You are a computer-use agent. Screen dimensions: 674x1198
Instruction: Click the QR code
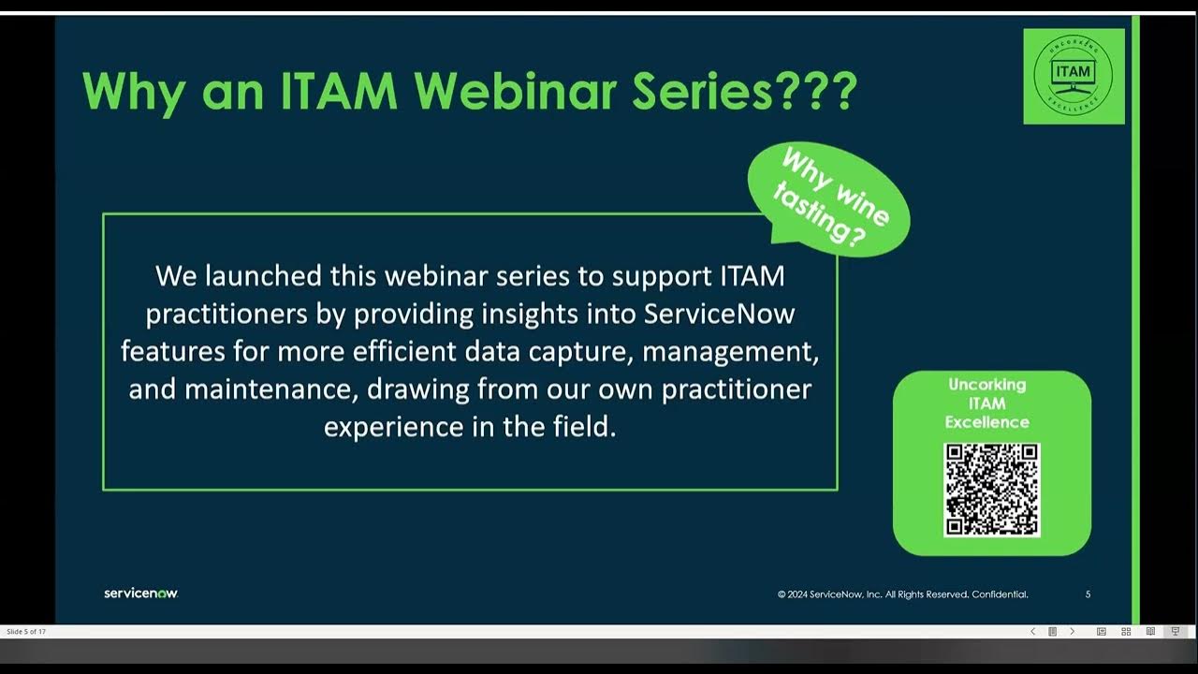(991, 490)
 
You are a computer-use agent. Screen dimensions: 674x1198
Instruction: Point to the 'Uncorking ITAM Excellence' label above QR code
(986, 403)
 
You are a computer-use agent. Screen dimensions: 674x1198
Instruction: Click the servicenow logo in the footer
(140, 593)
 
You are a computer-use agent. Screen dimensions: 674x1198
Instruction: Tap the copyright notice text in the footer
(902, 594)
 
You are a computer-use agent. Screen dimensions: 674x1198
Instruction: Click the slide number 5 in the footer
(1088, 594)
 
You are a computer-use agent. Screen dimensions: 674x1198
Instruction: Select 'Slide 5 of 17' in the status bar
(26, 632)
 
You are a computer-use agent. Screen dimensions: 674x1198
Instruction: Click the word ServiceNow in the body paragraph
(719, 314)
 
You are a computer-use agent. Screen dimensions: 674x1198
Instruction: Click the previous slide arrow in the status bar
(1032, 632)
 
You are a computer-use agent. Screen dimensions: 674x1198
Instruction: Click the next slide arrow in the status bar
(1072, 632)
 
